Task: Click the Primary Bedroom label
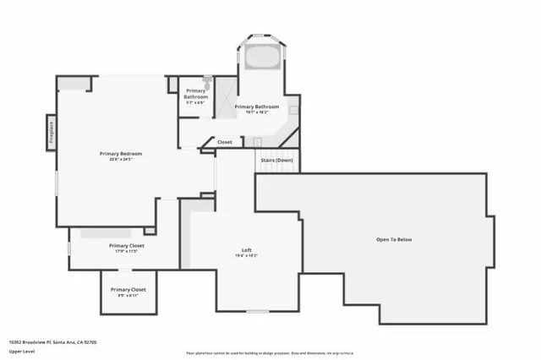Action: (120, 153)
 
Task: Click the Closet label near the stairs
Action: (225, 142)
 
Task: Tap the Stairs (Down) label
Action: (276, 160)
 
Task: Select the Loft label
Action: (247, 249)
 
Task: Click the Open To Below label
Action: (394, 240)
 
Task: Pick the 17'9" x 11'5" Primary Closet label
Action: (127, 245)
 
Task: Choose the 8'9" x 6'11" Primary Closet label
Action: (127, 289)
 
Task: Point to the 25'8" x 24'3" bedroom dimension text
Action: (120, 159)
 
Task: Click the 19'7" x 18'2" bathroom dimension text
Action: (256, 112)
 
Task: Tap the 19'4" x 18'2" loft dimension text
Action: (247, 255)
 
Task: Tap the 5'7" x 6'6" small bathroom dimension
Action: (195, 102)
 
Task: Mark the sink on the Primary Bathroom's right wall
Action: (293, 109)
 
